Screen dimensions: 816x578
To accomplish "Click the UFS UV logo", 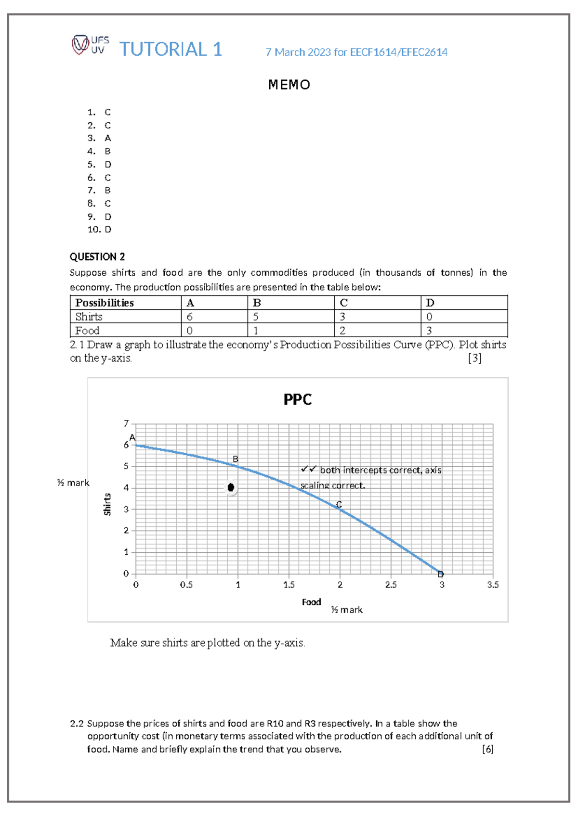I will coord(90,45).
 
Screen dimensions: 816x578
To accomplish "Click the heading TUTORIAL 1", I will coord(171,50).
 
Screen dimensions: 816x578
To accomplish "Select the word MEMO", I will coord(289,85).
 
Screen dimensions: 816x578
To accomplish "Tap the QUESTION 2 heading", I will coord(97,256).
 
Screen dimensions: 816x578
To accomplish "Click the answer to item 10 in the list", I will coord(108,229).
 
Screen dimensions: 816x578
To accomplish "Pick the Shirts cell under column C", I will coord(342,317).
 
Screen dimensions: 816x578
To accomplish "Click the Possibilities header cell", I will coord(105,303).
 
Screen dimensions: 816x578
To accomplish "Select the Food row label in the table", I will coord(87,331).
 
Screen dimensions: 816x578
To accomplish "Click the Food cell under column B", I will coord(256,331).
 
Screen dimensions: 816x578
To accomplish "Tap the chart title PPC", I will coord(297,399).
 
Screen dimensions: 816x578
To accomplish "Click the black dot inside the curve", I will coord(231,487).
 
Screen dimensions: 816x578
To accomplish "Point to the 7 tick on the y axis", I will coord(126,423).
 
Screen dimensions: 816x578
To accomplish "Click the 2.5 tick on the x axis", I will coord(391,585).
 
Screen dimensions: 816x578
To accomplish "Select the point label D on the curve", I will coord(441,574).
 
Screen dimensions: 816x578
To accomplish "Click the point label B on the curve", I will coord(236,459).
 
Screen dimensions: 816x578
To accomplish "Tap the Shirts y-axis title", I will coord(107,504).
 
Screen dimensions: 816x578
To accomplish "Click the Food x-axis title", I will coord(311,602).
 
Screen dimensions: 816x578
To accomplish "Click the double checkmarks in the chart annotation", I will coord(308,469).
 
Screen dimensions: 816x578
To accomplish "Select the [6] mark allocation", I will coord(487,749).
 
